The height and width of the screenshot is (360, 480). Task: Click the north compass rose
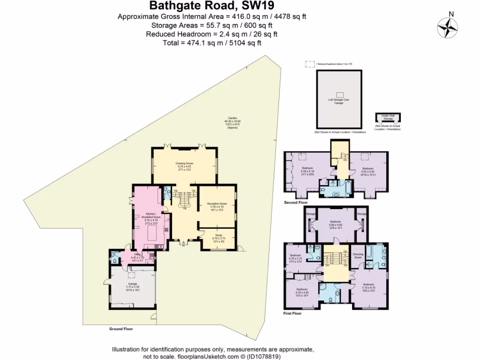[447, 27]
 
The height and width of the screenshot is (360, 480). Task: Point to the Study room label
[218, 237]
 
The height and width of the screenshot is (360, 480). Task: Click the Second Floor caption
[296, 202]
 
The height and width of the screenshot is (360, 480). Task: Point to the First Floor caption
[292, 313]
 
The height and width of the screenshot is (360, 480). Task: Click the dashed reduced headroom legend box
[309, 64]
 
